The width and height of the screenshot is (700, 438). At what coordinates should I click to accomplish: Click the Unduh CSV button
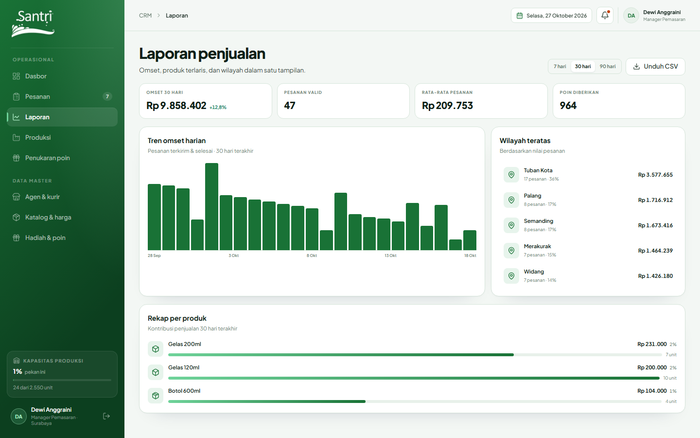pyautogui.click(x=655, y=66)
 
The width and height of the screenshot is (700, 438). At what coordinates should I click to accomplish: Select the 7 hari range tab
pyautogui.click(x=560, y=66)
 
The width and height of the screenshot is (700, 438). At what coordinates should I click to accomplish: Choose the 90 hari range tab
pyautogui.click(x=608, y=66)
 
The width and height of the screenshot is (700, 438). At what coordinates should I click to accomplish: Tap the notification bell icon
pyautogui.click(x=605, y=16)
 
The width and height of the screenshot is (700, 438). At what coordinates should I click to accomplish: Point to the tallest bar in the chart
pyautogui.click(x=211, y=206)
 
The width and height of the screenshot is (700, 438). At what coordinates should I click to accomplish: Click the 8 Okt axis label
pyautogui.click(x=312, y=255)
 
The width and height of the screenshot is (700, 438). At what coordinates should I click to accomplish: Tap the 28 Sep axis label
pyautogui.click(x=154, y=255)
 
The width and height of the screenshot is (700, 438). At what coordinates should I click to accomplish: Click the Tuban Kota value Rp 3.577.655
pyautogui.click(x=655, y=175)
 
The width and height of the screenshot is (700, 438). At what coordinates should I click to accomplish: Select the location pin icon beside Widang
pyautogui.click(x=511, y=275)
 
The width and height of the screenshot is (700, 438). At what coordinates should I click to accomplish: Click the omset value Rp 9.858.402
pyautogui.click(x=176, y=106)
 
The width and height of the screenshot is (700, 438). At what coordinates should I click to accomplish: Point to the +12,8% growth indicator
pyautogui.click(x=218, y=107)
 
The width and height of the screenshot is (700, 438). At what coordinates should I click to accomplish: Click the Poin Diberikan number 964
pyautogui.click(x=568, y=106)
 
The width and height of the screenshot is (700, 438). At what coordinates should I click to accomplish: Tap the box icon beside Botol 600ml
pyautogui.click(x=156, y=396)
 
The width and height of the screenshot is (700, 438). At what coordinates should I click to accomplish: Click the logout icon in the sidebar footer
pyautogui.click(x=106, y=416)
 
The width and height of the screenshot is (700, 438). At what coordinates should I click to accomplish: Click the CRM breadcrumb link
pyautogui.click(x=145, y=16)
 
